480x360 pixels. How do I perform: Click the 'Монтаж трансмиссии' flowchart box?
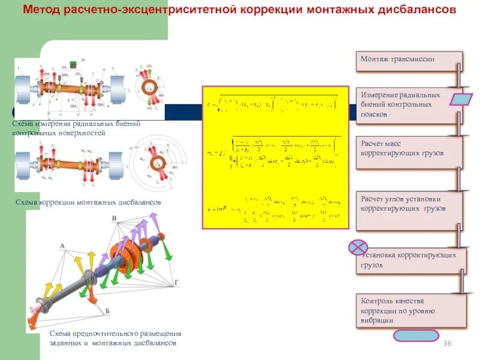point(409,61)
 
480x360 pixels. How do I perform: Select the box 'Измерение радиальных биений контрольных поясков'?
point(409,104)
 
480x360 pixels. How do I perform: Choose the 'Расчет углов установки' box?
point(409,210)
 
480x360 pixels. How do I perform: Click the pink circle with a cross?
point(358,247)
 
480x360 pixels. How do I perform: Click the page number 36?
point(446,343)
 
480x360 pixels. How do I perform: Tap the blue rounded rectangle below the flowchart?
point(416,335)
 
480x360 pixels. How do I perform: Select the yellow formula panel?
point(275,157)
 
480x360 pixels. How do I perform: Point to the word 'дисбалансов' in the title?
point(414,10)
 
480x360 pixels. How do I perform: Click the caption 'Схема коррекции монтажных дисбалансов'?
point(88,203)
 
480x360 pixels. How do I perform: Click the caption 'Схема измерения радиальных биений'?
point(76,124)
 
